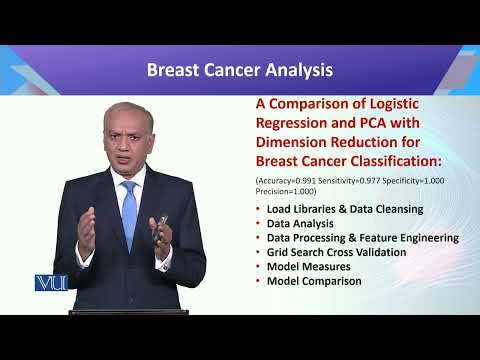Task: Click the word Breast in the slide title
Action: (175, 70)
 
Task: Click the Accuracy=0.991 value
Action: (287, 179)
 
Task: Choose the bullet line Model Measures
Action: (307, 267)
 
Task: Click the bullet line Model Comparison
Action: (314, 281)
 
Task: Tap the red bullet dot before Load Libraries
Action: (258, 209)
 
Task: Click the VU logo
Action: (48, 283)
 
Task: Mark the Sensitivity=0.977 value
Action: (346, 179)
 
